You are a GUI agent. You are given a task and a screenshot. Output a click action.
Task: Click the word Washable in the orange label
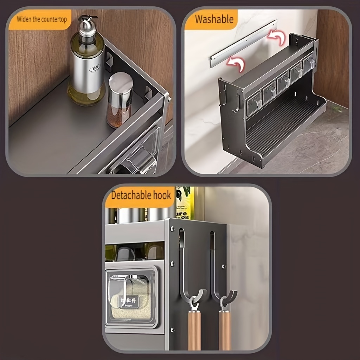tap(214, 19)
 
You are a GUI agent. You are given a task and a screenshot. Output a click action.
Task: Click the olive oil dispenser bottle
tap(86, 67)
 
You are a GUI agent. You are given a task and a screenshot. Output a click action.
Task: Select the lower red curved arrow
tap(235, 64)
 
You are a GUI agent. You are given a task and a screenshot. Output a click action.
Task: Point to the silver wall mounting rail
tap(243, 44)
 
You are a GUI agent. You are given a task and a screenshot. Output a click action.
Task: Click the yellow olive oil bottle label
tap(185, 204)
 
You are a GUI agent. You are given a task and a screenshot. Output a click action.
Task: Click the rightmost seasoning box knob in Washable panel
tap(310, 64)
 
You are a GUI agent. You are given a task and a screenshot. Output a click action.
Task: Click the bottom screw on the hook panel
tap(172, 330)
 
